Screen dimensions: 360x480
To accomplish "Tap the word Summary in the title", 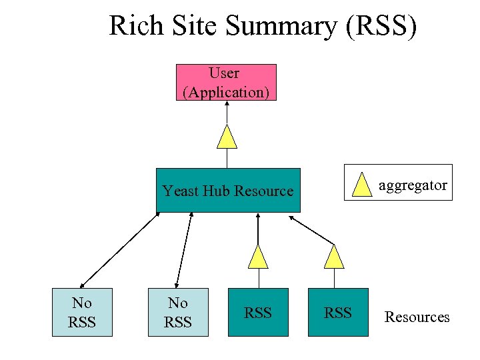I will [280, 26].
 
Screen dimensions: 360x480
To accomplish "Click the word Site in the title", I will [194, 26].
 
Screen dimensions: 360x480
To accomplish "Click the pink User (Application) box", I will [226, 82].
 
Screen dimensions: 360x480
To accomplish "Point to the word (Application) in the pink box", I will [226, 92].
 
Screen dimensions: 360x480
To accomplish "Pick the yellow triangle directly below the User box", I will [228, 137].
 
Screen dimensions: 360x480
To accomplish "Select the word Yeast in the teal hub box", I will [178, 191].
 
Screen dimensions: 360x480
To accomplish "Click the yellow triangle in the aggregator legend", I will [363, 185].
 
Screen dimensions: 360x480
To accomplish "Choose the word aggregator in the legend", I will [413, 185].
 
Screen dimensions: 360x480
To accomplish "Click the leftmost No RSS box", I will [82, 312].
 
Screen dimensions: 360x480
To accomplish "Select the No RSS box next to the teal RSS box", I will [178, 312].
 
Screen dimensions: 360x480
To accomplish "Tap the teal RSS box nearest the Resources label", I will [338, 312].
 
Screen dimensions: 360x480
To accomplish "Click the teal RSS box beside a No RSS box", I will [258, 312].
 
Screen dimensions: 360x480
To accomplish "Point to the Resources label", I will [417, 317].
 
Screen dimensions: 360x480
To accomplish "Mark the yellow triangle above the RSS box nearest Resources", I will [333, 257].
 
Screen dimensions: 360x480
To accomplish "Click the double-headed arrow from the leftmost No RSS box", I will [120, 249].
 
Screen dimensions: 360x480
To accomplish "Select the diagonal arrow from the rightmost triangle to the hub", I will [311, 229].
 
